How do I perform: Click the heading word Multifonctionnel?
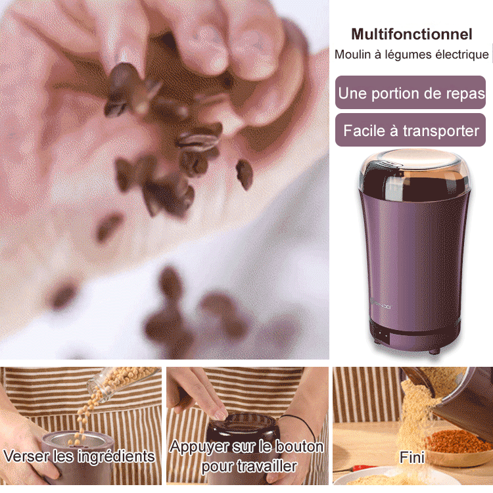[411, 34]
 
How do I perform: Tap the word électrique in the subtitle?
[462, 55]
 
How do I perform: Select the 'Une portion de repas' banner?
[410, 93]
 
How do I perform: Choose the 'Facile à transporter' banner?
[410, 130]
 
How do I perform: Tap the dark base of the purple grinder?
[415, 337]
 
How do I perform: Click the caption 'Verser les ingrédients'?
[79, 456]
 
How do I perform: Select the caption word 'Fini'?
[412, 457]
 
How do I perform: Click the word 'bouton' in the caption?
[299, 446]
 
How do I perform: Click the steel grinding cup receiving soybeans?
[78, 440]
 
